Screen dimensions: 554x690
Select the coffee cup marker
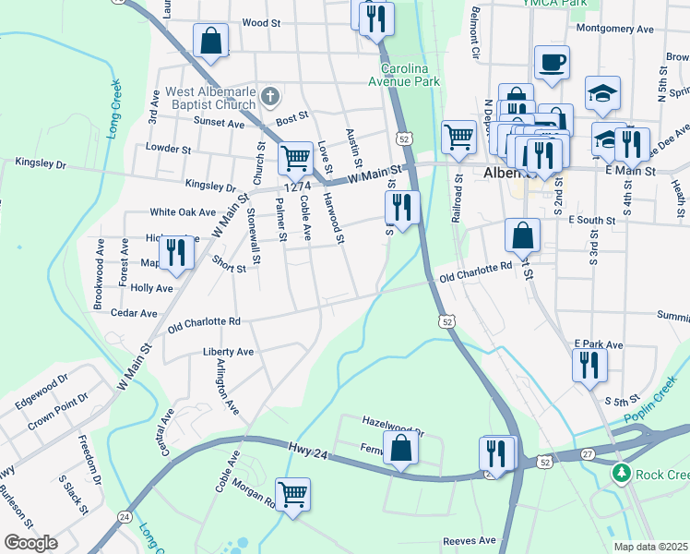pos(552,62)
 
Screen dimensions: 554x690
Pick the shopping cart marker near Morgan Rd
pos(292,494)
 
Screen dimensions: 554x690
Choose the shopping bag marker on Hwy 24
pos(400,448)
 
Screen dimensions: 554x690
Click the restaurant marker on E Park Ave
pos(589,365)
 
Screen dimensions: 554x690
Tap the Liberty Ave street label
pos(228,352)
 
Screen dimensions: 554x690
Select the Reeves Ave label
pos(470,540)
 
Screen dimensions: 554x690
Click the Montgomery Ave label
pos(614,29)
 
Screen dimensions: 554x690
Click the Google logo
pos(31,543)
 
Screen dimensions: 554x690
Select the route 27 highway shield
pos(587,454)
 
